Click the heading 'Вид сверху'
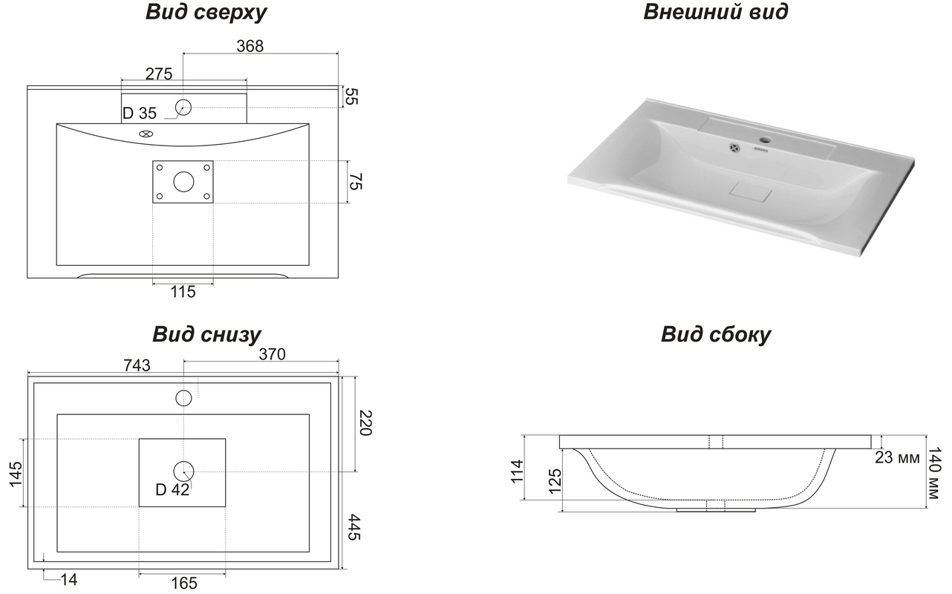(206, 13)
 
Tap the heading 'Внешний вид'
(716, 11)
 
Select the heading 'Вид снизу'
(206, 334)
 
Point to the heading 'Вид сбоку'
(716, 334)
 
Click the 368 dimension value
(250, 46)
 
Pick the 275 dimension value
(159, 74)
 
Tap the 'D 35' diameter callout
(140, 113)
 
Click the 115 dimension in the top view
(183, 292)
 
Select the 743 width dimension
(137, 365)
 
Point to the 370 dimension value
(272, 354)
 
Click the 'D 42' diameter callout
(172, 489)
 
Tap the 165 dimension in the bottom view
(184, 583)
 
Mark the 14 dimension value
(69, 579)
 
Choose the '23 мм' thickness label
(897, 457)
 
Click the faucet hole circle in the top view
(183, 108)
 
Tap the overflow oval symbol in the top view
(146, 134)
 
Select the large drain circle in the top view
(183, 182)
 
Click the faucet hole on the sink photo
(766, 139)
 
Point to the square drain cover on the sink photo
(751, 192)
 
